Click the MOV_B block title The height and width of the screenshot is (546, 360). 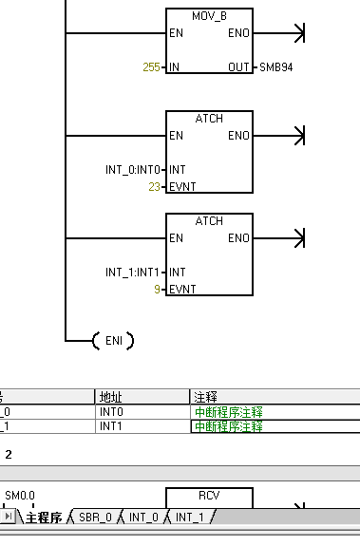(x=210, y=15)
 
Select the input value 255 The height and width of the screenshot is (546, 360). (x=151, y=67)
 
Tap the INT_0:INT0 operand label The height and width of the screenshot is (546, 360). (x=132, y=170)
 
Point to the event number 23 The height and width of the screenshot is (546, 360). (x=155, y=186)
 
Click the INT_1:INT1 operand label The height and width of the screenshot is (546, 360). (x=132, y=273)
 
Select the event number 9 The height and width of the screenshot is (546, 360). (x=158, y=288)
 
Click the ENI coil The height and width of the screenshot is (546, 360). (x=113, y=340)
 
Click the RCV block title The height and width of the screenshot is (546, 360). (x=209, y=496)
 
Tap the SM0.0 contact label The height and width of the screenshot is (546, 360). (x=19, y=496)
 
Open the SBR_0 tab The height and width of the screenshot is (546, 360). (x=95, y=518)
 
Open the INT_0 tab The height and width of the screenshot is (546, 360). (x=145, y=518)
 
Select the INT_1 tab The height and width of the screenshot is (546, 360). (x=190, y=518)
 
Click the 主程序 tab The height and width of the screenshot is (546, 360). (x=43, y=518)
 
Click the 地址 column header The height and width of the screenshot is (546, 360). (x=110, y=396)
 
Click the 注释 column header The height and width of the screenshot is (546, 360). (x=204, y=396)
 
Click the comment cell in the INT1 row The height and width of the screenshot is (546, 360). (x=228, y=426)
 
